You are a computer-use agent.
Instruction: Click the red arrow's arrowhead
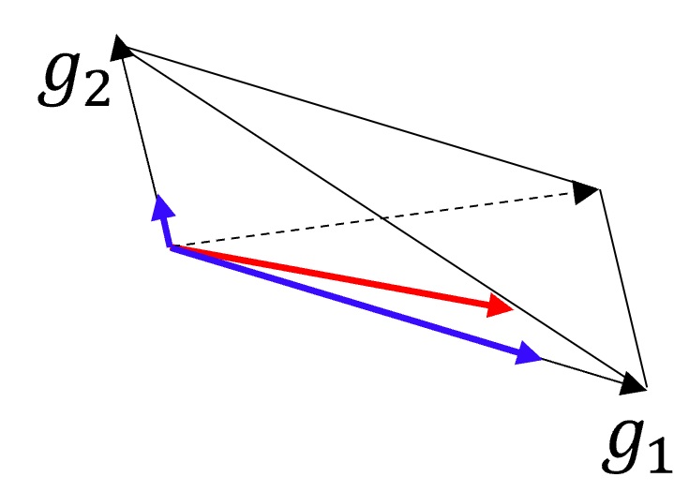501,305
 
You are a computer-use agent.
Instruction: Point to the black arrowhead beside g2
123,47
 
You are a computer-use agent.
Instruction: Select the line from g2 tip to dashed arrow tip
356,117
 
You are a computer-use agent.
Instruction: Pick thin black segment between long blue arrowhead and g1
581,369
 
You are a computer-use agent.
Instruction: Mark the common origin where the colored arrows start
171,246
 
